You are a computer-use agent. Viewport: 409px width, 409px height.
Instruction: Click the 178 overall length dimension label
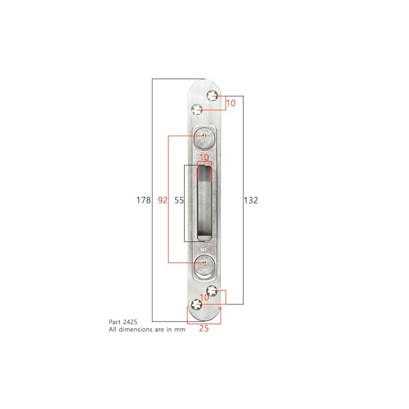[x=144, y=200]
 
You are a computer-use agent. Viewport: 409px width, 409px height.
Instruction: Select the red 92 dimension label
[x=163, y=200]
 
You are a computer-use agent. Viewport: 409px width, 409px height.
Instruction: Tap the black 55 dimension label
[x=178, y=200]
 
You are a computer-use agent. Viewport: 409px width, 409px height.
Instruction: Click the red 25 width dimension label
[x=203, y=329]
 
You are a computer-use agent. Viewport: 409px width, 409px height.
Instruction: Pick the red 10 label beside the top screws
[x=231, y=103]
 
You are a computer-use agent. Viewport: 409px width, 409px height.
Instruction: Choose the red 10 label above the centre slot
[x=204, y=157]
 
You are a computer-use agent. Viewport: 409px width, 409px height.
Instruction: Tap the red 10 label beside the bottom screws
[x=204, y=297]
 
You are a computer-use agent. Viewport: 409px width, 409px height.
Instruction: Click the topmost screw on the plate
[x=213, y=96]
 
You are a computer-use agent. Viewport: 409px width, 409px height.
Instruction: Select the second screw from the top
[x=197, y=109]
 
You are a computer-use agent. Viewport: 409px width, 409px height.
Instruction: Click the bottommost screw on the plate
[x=195, y=305]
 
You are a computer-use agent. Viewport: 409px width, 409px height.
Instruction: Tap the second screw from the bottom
[x=213, y=291]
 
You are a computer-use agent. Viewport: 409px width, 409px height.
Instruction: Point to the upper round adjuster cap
[x=204, y=136]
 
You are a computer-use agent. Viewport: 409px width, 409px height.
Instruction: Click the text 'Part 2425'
[x=123, y=323]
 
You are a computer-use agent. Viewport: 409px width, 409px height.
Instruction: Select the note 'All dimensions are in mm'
[x=146, y=330]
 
